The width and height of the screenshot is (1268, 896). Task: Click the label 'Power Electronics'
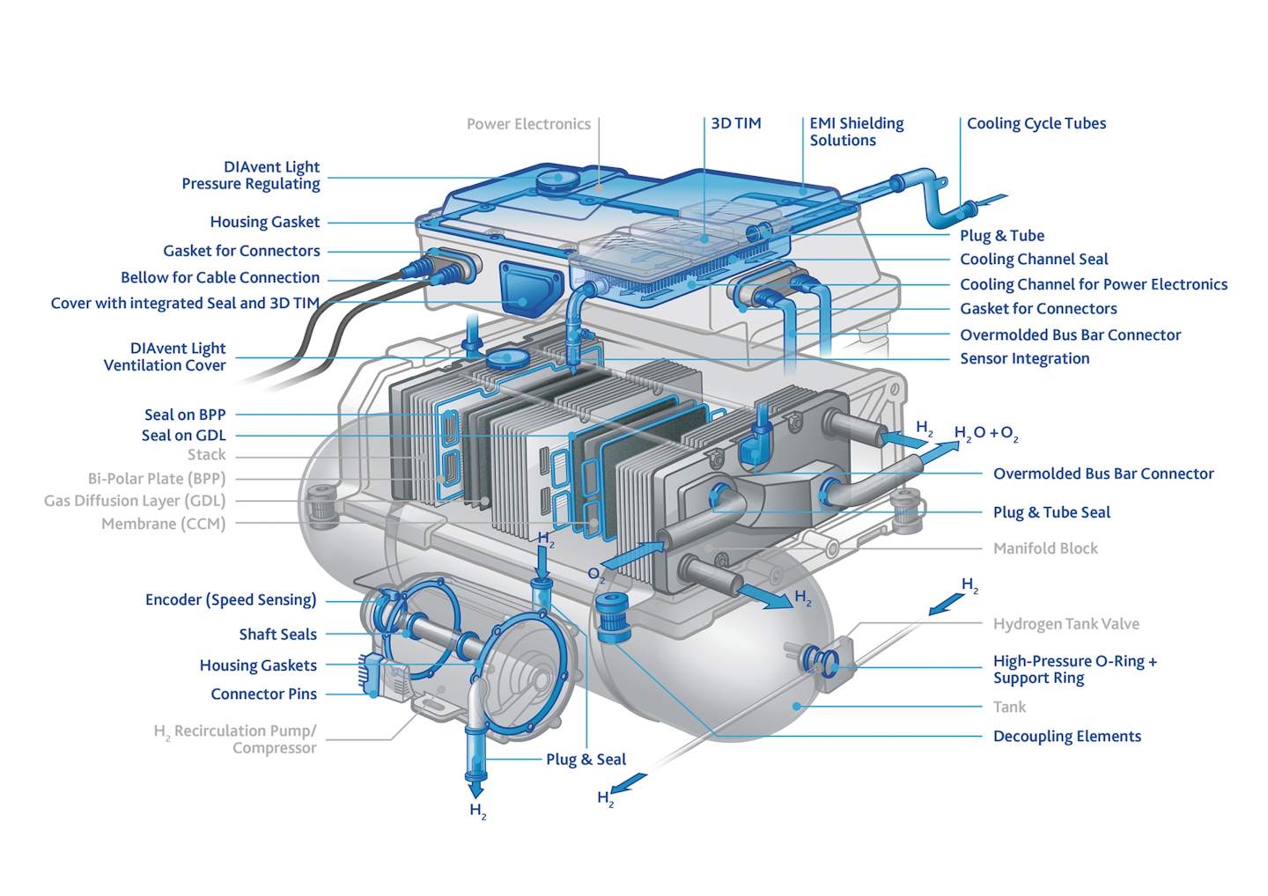[x=528, y=124]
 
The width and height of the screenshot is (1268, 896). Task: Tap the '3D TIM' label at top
[x=736, y=124]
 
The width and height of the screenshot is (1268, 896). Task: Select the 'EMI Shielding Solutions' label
[x=856, y=132]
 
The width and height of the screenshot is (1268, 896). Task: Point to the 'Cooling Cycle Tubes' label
[x=1036, y=124]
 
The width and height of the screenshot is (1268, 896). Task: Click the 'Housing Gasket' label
[x=264, y=223]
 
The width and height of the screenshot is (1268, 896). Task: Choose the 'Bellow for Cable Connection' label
[x=220, y=278]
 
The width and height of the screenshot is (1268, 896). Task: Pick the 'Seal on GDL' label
[x=183, y=436]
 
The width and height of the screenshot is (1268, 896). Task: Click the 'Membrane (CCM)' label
[x=163, y=525]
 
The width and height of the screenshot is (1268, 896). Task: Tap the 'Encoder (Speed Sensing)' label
[x=231, y=600]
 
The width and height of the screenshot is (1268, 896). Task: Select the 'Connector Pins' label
[x=263, y=694]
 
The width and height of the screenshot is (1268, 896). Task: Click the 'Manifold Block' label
[x=1045, y=549]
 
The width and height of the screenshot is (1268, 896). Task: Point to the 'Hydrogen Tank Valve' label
[x=1065, y=625]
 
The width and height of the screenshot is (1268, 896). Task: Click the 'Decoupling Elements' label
[x=1066, y=737]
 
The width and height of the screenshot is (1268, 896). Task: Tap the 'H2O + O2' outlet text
[x=986, y=434]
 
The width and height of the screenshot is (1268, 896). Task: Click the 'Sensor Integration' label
[x=1024, y=359]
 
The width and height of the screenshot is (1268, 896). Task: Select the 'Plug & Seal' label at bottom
[x=586, y=760]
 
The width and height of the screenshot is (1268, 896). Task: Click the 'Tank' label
[x=1009, y=708]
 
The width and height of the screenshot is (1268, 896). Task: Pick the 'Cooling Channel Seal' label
[x=1034, y=260]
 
